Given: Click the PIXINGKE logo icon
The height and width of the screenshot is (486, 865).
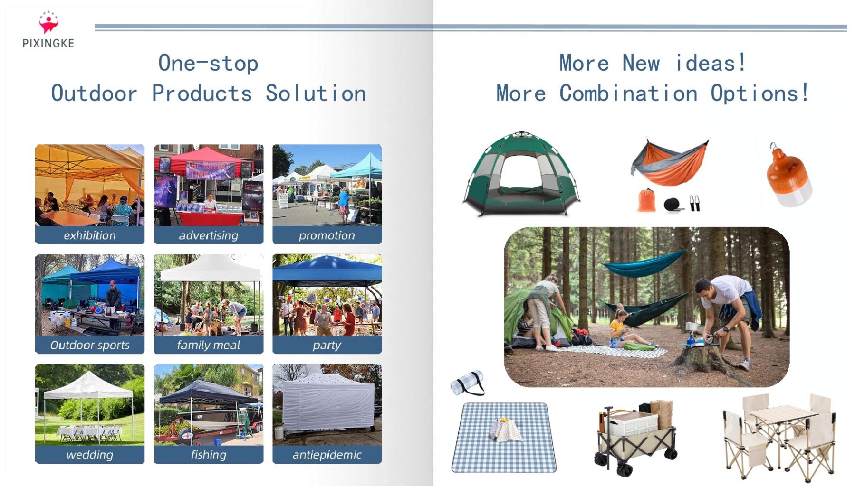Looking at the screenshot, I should click(48, 22).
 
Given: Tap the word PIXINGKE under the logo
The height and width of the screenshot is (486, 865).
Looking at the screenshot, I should click(48, 43).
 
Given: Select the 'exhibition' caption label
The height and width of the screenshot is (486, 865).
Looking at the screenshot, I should click(90, 235).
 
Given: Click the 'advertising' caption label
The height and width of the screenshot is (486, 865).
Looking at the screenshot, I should click(208, 235).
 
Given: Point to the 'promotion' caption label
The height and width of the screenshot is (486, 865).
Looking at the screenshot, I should click(327, 235).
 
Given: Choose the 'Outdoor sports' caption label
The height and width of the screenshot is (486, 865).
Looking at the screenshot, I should click(90, 345).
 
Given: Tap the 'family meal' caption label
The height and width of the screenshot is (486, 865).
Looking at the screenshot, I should click(208, 345).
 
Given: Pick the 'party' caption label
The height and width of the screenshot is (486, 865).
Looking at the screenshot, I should click(327, 345).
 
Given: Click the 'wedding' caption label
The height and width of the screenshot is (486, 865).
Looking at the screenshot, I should click(90, 455).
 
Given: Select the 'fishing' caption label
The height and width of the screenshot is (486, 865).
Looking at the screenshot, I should click(208, 455).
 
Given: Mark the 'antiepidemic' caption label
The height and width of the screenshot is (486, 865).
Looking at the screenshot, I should click(327, 455).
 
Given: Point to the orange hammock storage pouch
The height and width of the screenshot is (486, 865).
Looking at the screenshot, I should click(646, 200).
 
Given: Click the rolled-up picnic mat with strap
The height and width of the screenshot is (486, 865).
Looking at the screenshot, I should click(467, 383).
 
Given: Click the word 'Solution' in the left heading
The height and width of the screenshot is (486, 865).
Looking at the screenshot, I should click(316, 93).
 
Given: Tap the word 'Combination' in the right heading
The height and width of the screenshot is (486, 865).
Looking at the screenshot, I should click(628, 93).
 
